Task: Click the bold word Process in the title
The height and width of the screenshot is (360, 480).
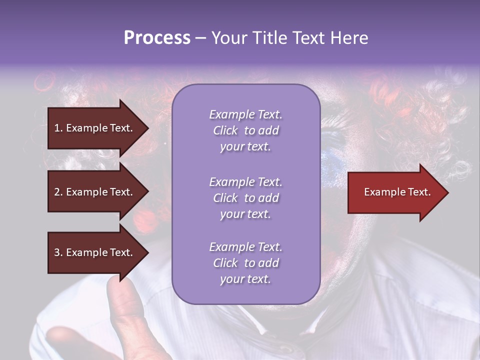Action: (157, 38)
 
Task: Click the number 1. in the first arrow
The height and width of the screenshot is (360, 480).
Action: (58, 128)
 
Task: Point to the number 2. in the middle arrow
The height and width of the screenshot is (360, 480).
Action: (58, 192)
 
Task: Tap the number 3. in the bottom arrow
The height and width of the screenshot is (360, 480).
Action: (58, 252)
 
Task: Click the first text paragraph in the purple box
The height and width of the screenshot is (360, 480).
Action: (245, 130)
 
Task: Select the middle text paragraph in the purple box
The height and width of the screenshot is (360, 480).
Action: (245, 198)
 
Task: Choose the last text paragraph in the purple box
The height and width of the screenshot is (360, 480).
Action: (245, 263)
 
